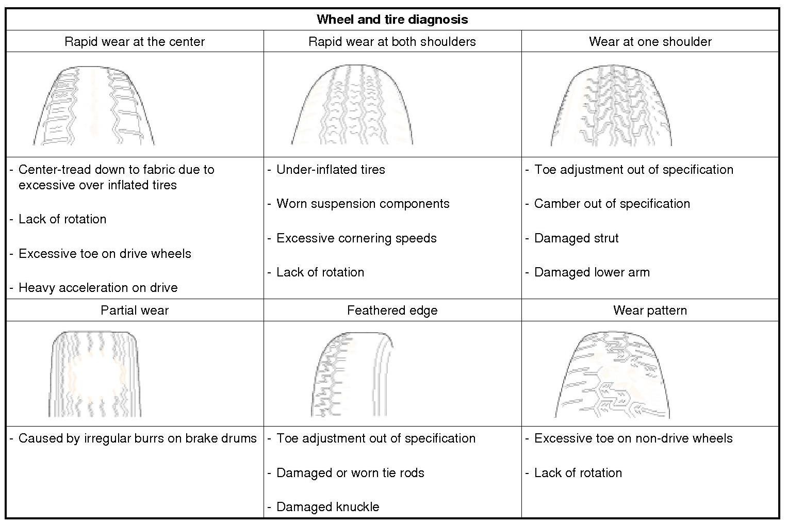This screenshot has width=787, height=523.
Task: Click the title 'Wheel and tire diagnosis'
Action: click(392, 20)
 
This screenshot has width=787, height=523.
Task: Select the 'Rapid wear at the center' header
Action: click(135, 42)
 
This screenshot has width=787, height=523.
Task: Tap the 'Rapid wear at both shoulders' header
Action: click(392, 42)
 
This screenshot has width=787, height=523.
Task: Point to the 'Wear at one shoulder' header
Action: click(650, 42)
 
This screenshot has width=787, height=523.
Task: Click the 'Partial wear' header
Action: click(135, 310)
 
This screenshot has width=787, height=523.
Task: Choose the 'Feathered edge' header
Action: click(392, 310)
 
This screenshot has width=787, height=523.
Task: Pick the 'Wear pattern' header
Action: click(650, 310)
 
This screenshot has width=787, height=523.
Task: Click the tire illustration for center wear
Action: click(94, 106)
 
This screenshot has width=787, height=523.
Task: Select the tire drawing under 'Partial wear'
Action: click(95, 374)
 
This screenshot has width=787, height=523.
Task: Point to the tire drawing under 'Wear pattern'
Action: click(612, 374)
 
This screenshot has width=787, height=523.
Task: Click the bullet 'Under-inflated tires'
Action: click(331, 170)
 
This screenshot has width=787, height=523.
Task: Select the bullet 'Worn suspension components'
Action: click(363, 204)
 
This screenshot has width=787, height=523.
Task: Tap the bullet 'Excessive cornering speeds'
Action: click(356, 238)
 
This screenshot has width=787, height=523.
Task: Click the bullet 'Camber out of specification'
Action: click(612, 204)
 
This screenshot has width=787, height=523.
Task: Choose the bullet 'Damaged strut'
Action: click(576, 238)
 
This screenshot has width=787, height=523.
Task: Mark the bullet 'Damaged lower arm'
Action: click(592, 272)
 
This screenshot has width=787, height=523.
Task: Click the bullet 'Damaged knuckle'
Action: click(327, 507)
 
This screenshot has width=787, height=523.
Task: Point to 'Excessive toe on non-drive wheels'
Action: click(633, 438)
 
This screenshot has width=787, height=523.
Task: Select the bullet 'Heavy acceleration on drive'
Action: click(98, 288)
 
